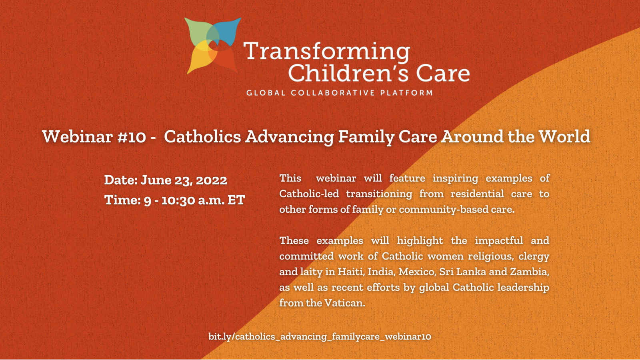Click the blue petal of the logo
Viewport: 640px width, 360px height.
tap(228, 32)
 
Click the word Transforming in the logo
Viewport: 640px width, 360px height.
tap(327, 52)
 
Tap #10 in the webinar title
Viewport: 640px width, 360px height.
tap(132, 136)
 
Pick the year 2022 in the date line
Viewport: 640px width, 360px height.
tap(212, 180)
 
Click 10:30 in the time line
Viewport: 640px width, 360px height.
tap(178, 200)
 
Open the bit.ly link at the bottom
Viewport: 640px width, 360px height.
tap(320, 336)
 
